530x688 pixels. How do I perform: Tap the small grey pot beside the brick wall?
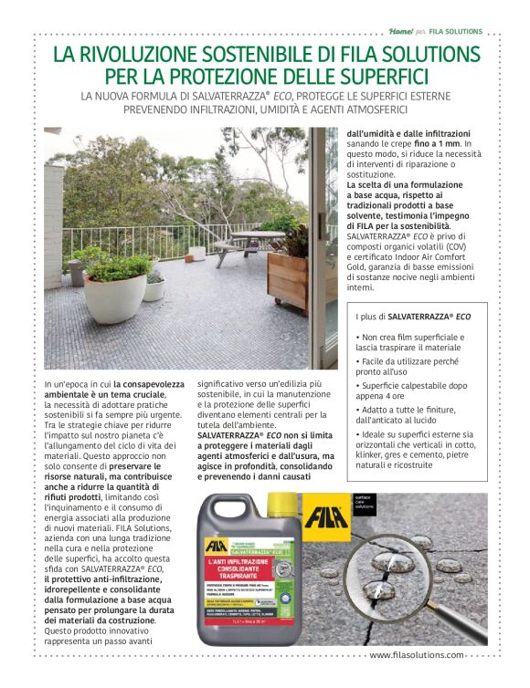(x=77, y=272)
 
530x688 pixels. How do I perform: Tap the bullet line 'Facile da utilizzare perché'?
(x=410, y=361)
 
